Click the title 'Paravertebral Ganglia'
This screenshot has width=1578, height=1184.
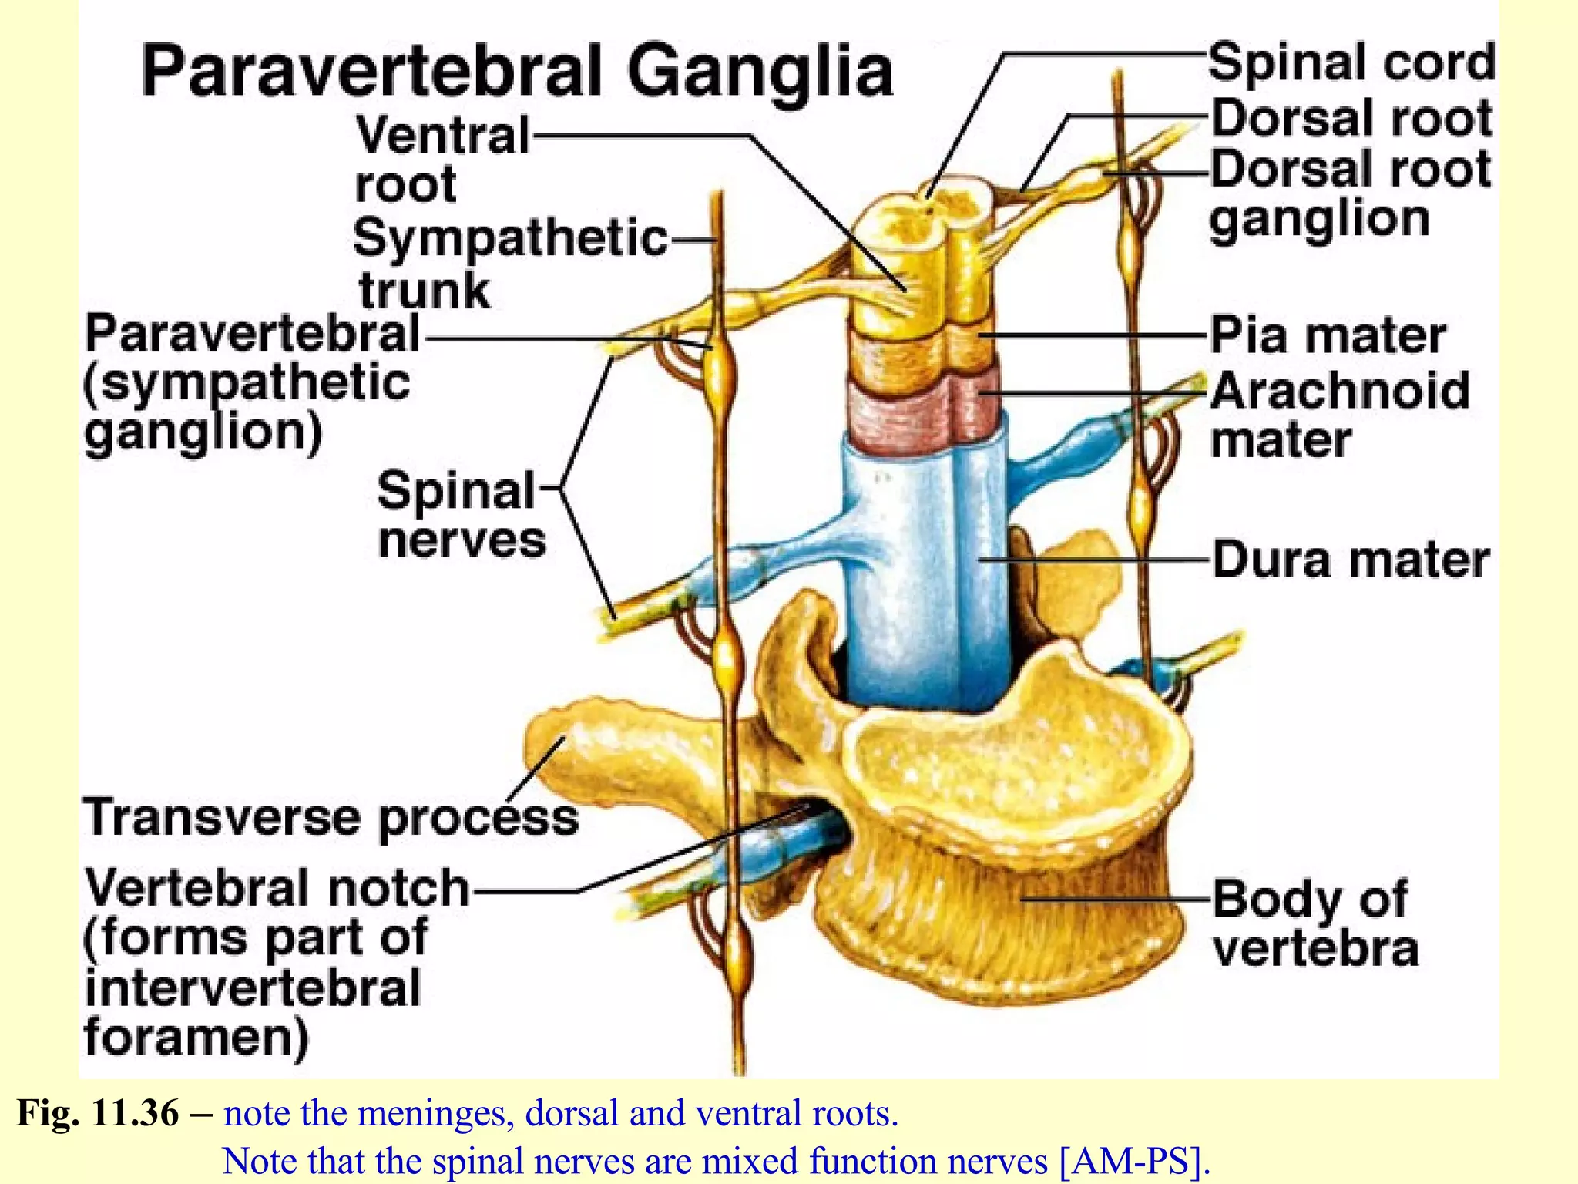click(x=516, y=71)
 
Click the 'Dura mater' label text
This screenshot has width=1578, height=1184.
click(x=1350, y=560)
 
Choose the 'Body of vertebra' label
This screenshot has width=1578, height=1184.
click(x=1314, y=923)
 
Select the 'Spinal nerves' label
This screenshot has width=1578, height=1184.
click(x=461, y=514)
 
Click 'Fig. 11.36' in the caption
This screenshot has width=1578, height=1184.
click(x=98, y=1113)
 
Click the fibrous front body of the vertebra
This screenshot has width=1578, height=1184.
click(x=1002, y=910)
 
